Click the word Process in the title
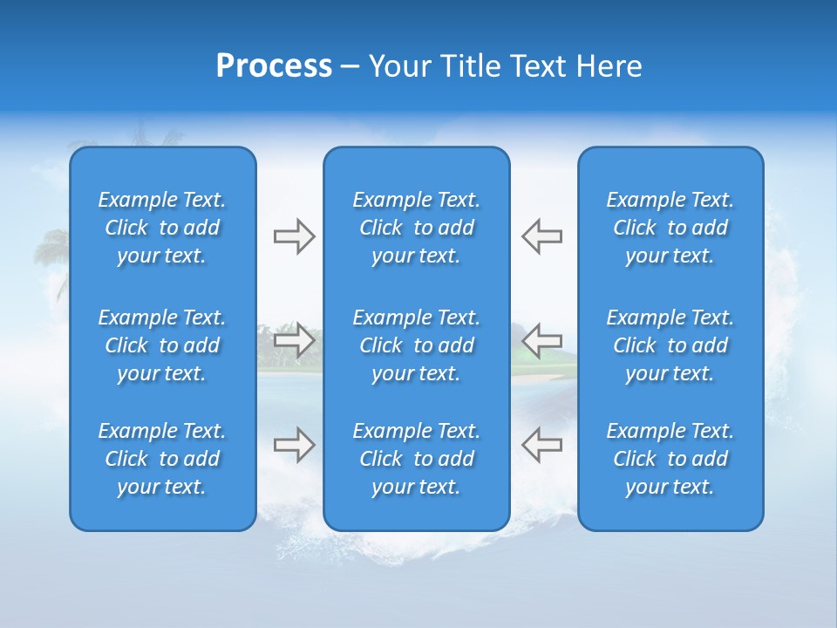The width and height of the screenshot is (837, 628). click(x=274, y=66)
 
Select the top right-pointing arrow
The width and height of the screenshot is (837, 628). click(x=294, y=236)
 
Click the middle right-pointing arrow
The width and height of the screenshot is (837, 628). click(x=294, y=339)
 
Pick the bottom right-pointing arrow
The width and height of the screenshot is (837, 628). click(x=294, y=445)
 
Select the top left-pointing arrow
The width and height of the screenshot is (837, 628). click(x=541, y=236)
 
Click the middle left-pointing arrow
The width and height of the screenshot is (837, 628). click(x=541, y=339)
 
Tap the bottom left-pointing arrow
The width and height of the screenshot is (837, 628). click(x=541, y=445)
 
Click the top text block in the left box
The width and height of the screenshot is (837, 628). click(x=162, y=228)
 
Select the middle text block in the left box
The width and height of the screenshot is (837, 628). click(x=162, y=345)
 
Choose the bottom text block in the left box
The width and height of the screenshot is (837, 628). click(x=162, y=459)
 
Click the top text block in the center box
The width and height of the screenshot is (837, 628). click(x=417, y=228)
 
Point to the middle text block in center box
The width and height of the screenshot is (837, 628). click(x=417, y=345)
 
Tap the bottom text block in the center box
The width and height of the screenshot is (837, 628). click(x=417, y=459)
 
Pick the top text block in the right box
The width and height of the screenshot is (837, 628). click(x=670, y=228)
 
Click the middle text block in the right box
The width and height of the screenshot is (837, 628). click(x=670, y=345)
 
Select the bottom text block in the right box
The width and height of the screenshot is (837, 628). click(x=670, y=459)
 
